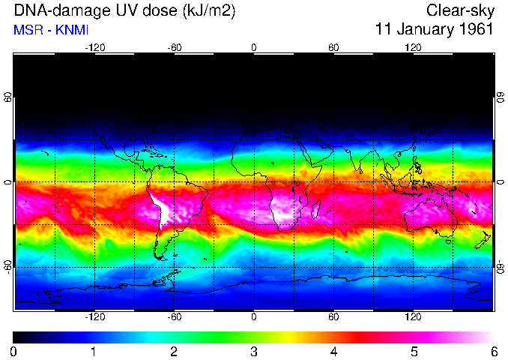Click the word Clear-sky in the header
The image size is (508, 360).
point(459,10)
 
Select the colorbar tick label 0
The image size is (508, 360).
point(13,351)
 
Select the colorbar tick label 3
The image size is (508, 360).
point(253,351)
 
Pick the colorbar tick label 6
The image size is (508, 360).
point(493,351)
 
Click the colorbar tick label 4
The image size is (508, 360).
point(333,351)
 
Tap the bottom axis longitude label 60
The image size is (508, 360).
point(333,317)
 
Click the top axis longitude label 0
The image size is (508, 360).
point(253,47)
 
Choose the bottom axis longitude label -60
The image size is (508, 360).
point(174,317)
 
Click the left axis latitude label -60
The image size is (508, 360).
point(7,267)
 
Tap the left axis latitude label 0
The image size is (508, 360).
point(7,182)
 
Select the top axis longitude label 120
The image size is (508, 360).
point(413,47)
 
